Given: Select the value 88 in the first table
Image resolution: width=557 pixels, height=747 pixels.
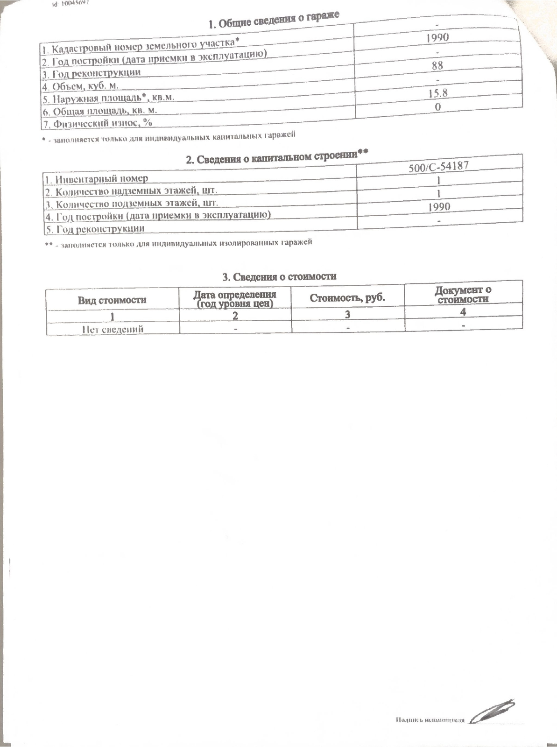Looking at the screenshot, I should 437,65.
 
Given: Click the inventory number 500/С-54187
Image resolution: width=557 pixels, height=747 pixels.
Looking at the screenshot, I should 438,166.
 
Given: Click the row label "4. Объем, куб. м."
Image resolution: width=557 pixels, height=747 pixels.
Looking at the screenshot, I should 80,86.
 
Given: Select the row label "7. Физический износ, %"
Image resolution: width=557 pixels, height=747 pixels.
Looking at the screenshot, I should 98,123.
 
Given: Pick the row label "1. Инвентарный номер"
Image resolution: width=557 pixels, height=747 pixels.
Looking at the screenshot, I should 96,178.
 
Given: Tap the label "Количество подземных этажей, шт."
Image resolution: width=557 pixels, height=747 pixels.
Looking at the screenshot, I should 132,204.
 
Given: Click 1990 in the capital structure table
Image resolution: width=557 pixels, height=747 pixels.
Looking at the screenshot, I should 439,206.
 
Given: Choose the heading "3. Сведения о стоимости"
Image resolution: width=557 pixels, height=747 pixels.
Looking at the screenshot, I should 279,276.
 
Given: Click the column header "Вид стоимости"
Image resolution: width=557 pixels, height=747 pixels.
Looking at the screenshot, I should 112,300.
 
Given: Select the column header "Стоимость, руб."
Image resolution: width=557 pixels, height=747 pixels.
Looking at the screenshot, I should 347,298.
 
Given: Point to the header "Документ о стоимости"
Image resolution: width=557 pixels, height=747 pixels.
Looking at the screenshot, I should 463,295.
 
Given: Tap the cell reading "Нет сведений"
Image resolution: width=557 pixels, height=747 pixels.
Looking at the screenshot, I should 113,329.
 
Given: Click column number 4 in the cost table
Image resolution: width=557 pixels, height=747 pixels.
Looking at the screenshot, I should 463,312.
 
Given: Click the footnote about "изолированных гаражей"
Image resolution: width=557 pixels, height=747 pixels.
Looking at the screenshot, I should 178,243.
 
